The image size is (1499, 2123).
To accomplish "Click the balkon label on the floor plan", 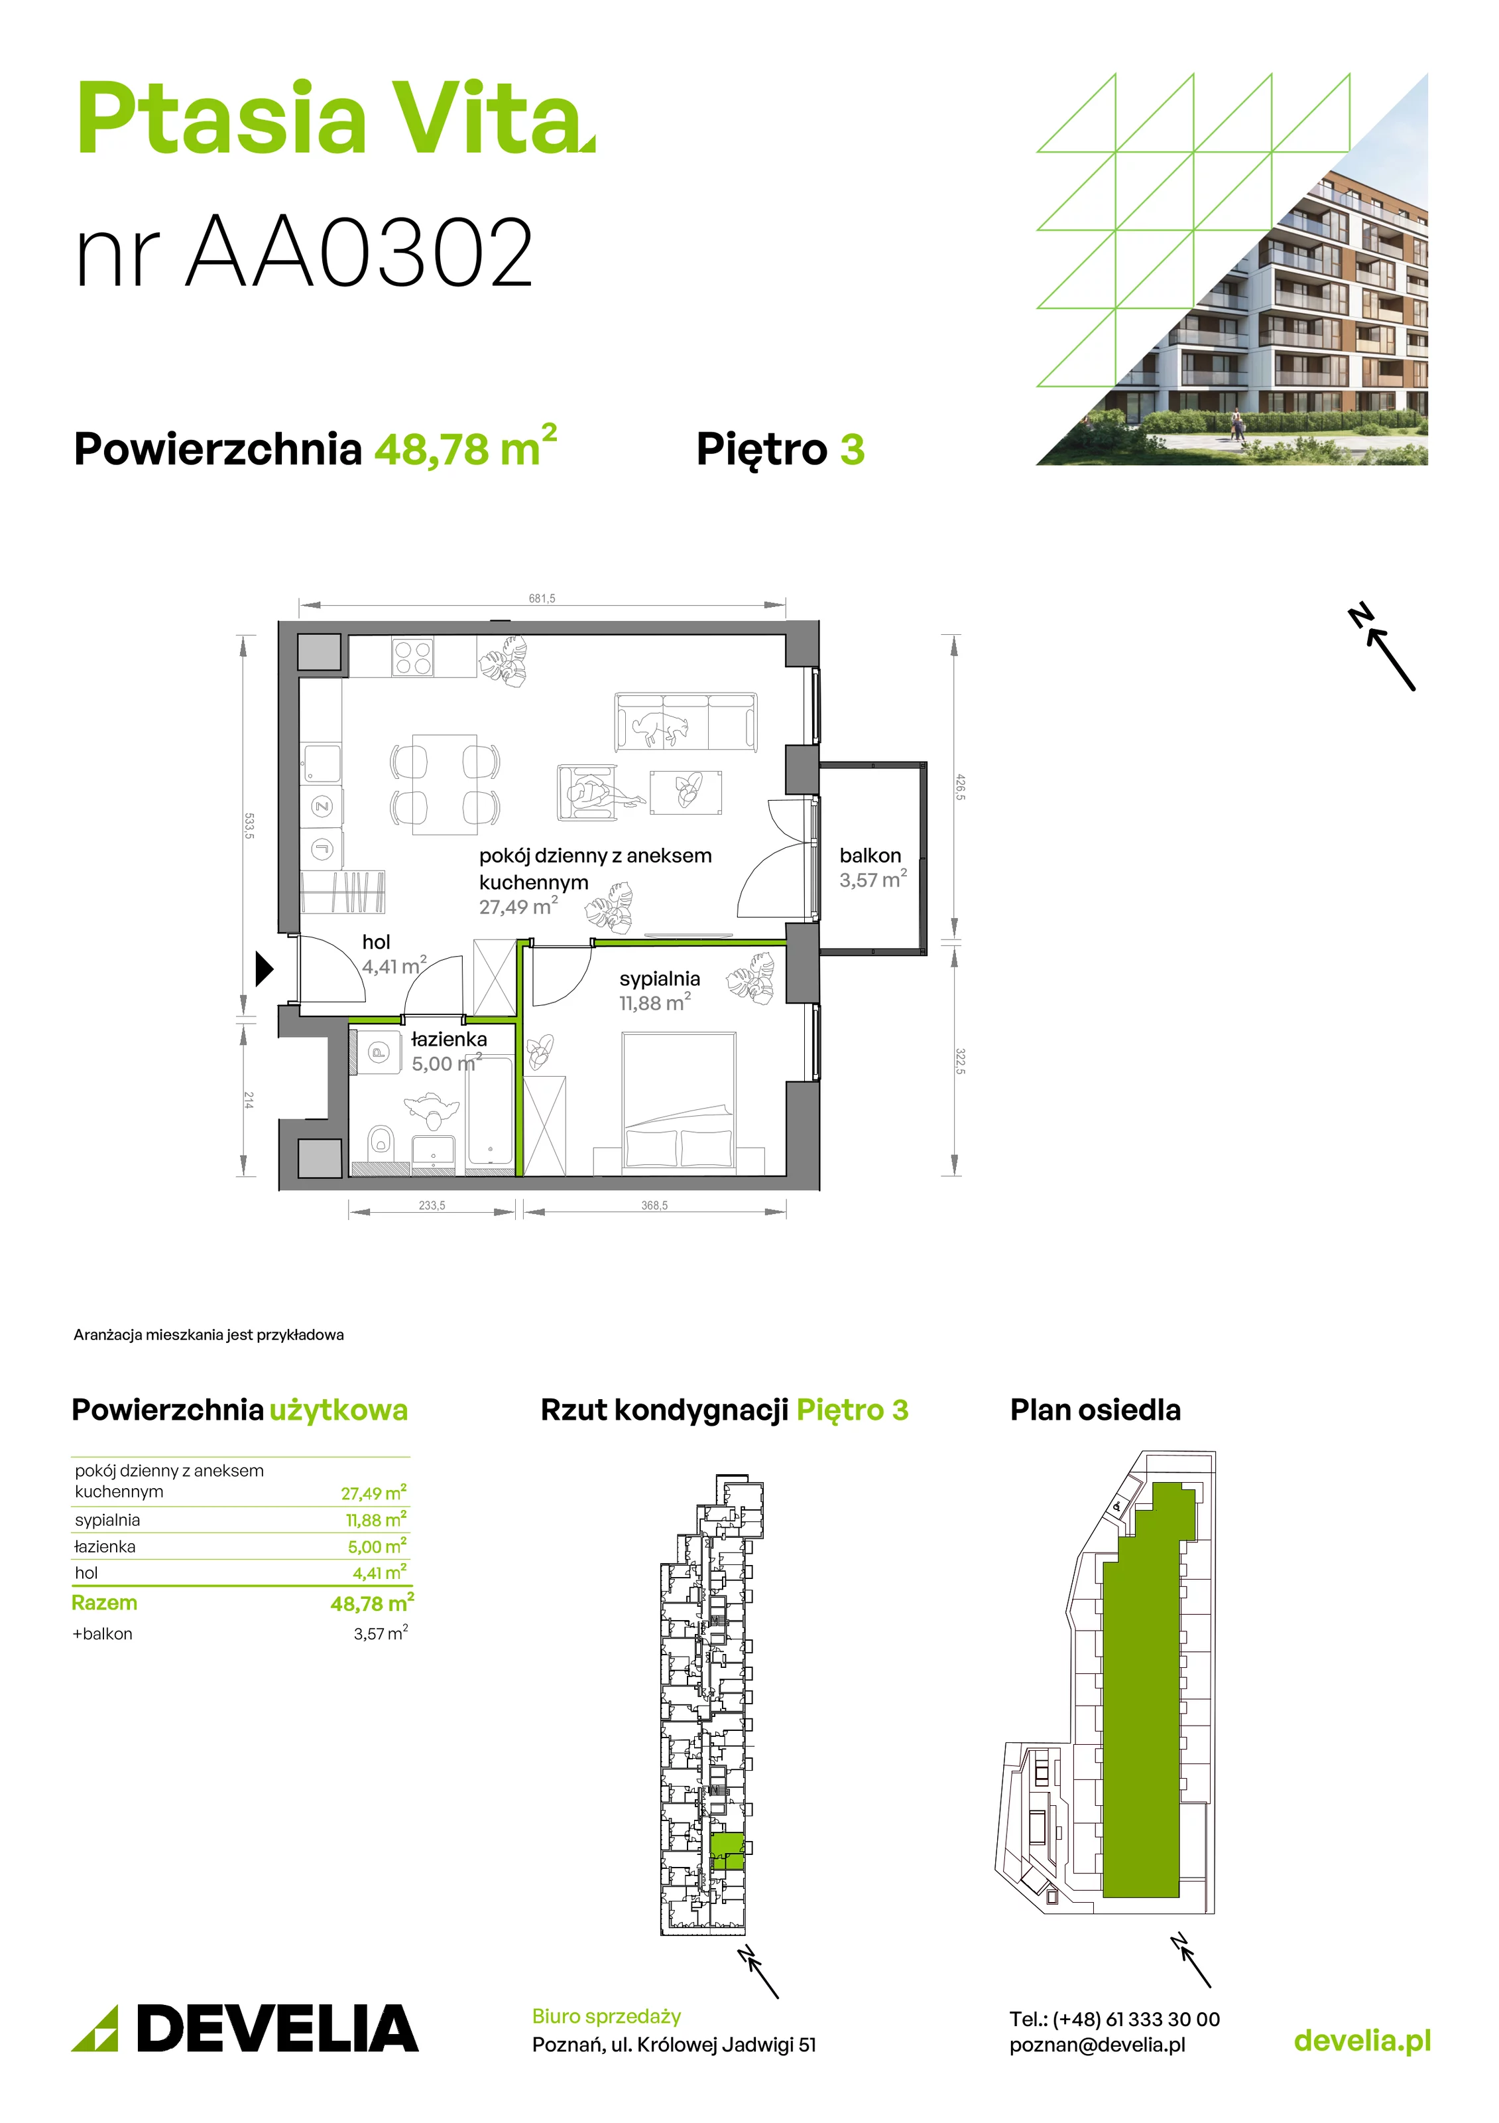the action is (x=870, y=855).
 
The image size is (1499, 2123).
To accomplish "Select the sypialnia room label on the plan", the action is (x=659, y=979).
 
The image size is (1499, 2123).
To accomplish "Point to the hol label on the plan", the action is (x=376, y=941).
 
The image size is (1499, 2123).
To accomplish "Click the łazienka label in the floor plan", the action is (x=448, y=1038).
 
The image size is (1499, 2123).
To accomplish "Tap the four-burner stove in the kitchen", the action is (x=412, y=657).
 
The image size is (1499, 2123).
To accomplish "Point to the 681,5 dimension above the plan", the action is (x=542, y=598).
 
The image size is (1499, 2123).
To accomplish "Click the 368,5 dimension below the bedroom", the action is (x=654, y=1205).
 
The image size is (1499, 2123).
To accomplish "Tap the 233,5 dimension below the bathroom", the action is (x=432, y=1205).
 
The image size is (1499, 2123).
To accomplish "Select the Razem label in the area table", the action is (x=105, y=1602).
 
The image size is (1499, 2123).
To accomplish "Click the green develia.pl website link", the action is (x=1362, y=2041).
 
